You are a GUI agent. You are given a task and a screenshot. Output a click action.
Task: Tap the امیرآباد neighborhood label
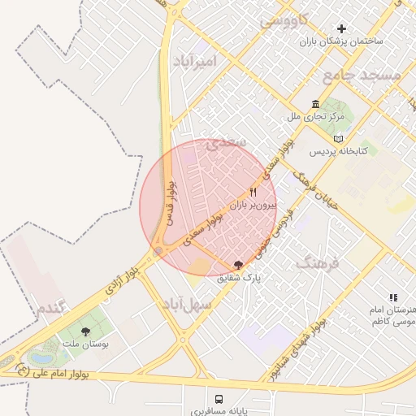pyautogui.click(x=196, y=61)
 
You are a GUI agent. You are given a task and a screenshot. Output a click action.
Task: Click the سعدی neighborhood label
pyautogui.click(x=225, y=143)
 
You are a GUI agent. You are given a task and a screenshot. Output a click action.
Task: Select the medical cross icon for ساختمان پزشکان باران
pyautogui.click(x=342, y=29)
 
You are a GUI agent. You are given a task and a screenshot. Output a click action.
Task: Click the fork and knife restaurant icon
pyautogui.click(x=253, y=193)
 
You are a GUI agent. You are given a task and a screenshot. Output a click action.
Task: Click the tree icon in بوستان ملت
pyautogui.click(x=85, y=331)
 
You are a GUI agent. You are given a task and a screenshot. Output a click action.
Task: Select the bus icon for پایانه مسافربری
pyautogui.click(x=219, y=399)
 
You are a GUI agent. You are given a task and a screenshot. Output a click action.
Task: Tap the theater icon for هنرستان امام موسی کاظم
pyautogui.click(x=393, y=298)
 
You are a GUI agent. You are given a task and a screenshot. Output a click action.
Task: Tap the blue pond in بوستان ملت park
pyautogui.click(x=39, y=357)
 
